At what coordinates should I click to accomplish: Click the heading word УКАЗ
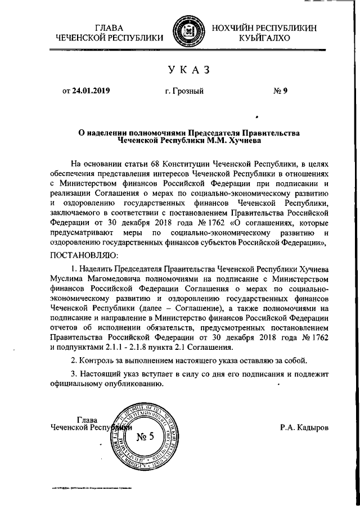tap(188, 70)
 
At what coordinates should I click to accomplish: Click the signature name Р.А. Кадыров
tap(304, 427)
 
